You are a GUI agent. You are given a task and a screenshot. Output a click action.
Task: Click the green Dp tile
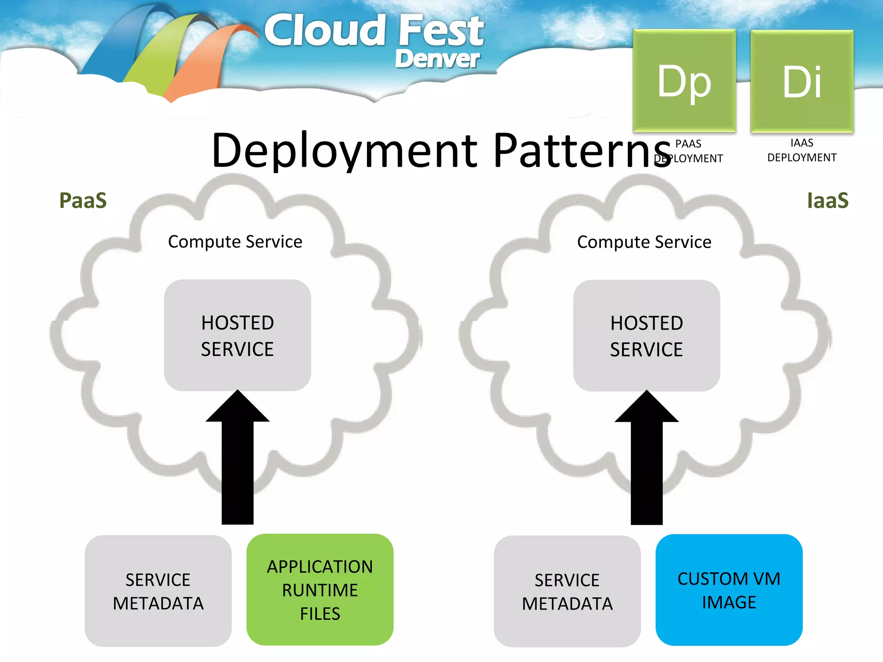tap(684, 81)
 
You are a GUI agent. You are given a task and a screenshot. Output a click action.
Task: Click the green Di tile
tap(802, 81)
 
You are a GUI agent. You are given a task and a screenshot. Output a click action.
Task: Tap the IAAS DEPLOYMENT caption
tap(802, 150)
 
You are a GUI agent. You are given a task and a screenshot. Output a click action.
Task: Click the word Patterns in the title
tap(582, 151)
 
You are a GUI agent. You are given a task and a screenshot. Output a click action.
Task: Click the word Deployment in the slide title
tap(345, 151)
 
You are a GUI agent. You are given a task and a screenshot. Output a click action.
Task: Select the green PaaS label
tap(83, 201)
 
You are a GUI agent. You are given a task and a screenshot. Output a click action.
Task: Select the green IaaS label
tap(827, 201)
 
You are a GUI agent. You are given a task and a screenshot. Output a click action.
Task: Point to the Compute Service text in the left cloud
tap(235, 242)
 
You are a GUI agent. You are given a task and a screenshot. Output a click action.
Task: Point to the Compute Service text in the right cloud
tap(644, 242)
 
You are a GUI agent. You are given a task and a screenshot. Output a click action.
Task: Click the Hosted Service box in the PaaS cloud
tap(238, 335)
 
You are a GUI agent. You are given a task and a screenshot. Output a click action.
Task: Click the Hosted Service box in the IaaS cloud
tap(646, 336)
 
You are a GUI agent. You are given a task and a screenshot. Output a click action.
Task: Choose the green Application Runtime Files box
tap(320, 590)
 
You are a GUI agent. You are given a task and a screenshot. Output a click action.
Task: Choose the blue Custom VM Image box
tap(729, 590)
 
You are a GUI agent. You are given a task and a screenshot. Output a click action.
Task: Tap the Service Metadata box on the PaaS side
tap(158, 591)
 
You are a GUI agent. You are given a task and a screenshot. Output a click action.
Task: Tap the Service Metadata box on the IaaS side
tap(567, 591)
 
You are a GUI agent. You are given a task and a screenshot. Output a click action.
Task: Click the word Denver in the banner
tap(437, 59)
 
